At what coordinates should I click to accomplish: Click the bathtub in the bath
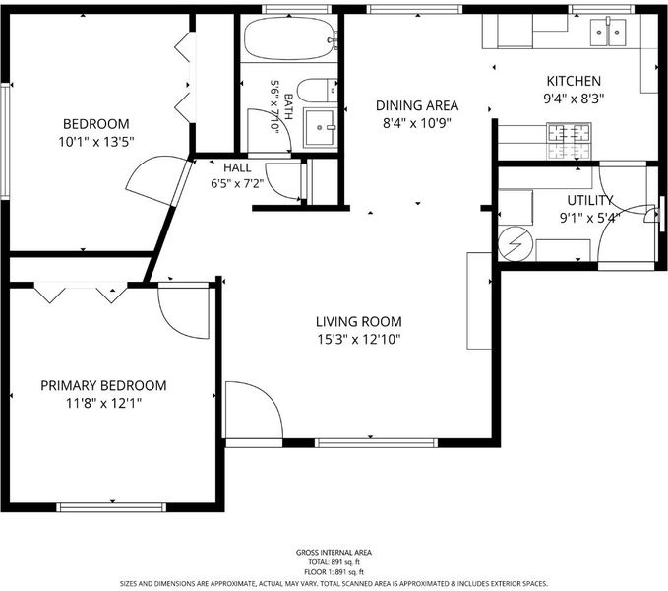click(289, 38)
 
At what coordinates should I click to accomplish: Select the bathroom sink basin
click(320, 127)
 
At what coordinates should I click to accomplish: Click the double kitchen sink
click(608, 33)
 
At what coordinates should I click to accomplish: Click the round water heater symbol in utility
click(516, 243)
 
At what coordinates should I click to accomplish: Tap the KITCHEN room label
click(574, 81)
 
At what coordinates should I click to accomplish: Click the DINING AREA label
click(417, 105)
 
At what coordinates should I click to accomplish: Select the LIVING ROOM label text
click(359, 321)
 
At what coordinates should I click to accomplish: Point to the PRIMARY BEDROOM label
click(103, 385)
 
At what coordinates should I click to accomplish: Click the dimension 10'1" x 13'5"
click(96, 142)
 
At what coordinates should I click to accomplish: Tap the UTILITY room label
click(589, 200)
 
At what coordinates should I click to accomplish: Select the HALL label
click(237, 167)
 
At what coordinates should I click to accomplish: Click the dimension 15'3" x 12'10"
click(359, 340)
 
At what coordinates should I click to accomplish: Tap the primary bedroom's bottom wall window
click(111, 507)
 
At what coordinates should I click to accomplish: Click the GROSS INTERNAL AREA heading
click(334, 553)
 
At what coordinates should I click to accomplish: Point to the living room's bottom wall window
click(376, 443)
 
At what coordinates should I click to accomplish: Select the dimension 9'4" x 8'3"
click(574, 98)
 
